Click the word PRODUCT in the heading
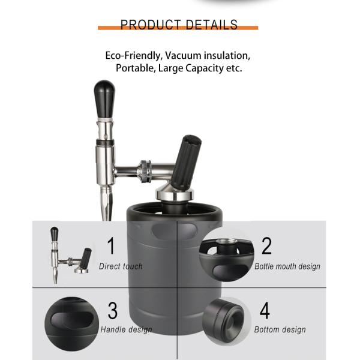tap(151, 25)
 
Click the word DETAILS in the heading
tap(211, 25)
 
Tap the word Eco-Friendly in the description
tap(134, 56)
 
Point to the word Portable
tap(136, 68)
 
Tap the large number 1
tap(111, 245)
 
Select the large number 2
tap(266, 245)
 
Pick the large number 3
tap(113, 310)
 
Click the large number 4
tap(265, 310)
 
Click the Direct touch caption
tap(121, 266)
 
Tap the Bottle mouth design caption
tap(287, 266)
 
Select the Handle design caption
tap(126, 329)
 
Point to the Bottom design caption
tap(280, 329)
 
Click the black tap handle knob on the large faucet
tap(104, 99)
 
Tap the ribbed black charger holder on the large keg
tap(185, 163)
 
